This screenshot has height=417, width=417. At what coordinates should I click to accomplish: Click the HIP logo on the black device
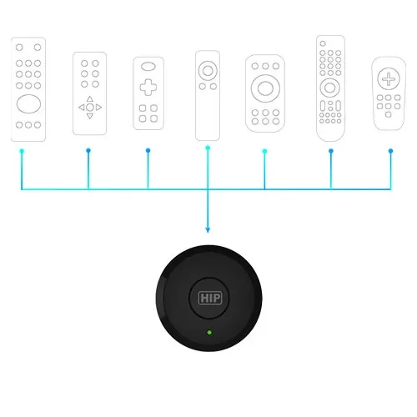(x=210, y=298)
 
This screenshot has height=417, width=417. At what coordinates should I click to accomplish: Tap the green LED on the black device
(x=209, y=332)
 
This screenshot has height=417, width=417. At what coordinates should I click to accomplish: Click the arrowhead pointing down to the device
(x=208, y=229)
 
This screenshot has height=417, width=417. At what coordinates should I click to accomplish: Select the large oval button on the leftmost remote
(x=28, y=103)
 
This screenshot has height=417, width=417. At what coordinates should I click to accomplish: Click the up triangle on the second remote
(x=89, y=98)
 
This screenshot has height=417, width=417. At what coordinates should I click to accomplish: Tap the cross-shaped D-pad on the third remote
(x=148, y=88)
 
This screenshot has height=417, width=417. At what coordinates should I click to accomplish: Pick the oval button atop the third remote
(x=148, y=67)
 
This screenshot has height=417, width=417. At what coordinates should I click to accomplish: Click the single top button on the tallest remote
(x=323, y=43)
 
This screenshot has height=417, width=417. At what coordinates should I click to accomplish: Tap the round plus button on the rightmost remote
(x=389, y=78)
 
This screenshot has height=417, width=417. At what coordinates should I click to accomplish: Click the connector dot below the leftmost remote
(x=22, y=151)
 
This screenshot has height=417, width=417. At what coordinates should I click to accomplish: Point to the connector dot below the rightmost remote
(x=390, y=151)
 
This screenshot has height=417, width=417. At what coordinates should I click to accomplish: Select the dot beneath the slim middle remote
(x=208, y=148)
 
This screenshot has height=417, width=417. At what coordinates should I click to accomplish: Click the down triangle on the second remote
(x=89, y=116)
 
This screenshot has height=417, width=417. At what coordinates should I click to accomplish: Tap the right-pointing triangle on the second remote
(x=98, y=108)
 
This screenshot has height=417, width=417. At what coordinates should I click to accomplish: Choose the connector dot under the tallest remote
(x=331, y=151)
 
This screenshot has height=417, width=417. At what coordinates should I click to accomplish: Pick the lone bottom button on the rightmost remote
(x=389, y=114)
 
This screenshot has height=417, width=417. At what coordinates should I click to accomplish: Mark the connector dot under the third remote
(x=148, y=150)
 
